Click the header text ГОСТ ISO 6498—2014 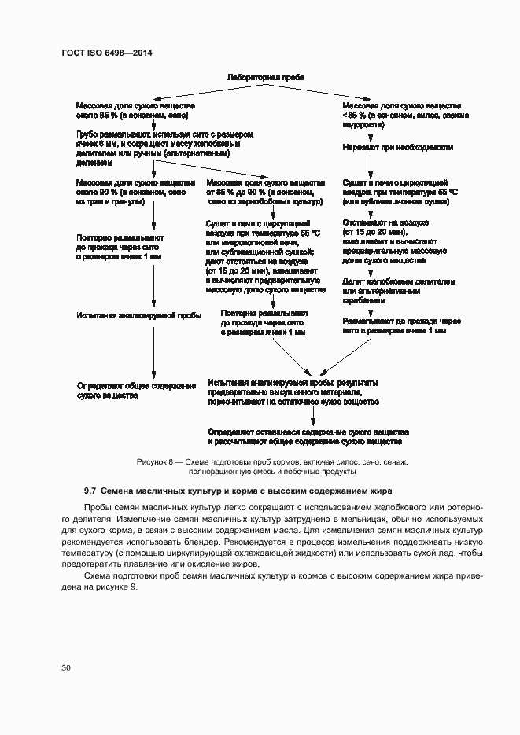[x=106, y=53]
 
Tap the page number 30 [x=66, y=667]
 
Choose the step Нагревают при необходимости [x=396, y=147]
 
